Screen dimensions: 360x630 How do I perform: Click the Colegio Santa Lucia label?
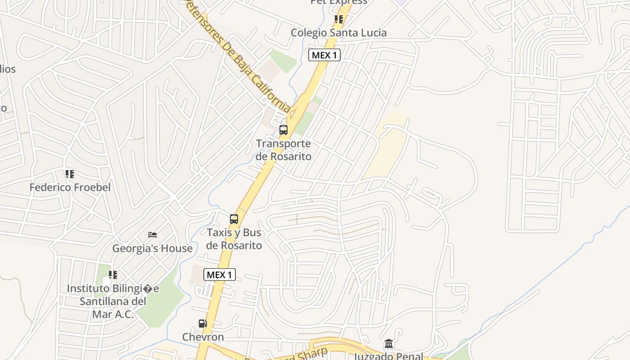(x=338, y=33)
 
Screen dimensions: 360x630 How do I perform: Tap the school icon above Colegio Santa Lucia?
(x=339, y=19)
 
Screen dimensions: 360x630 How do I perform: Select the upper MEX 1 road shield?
(x=324, y=55)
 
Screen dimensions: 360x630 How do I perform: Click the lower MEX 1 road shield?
(x=220, y=274)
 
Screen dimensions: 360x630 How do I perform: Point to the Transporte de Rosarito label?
(x=283, y=150)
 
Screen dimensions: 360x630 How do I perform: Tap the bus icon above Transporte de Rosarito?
(x=283, y=130)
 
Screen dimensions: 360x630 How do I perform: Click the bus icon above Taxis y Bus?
(x=234, y=219)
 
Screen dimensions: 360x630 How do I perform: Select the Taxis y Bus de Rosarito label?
(x=234, y=239)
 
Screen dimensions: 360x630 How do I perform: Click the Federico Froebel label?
(x=70, y=187)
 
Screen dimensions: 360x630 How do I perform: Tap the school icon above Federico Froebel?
(x=69, y=174)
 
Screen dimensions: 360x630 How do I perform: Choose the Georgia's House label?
(x=152, y=248)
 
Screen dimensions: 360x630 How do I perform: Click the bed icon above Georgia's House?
(x=153, y=235)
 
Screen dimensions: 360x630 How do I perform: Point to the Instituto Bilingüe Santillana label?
(x=112, y=301)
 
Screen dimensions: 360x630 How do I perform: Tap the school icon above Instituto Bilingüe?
(x=113, y=274)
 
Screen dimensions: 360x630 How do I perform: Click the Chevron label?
(x=203, y=337)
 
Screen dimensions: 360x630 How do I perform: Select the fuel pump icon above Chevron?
(x=203, y=324)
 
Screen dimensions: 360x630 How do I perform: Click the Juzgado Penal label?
(x=389, y=356)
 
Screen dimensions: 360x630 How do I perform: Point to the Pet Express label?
(x=339, y=2)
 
